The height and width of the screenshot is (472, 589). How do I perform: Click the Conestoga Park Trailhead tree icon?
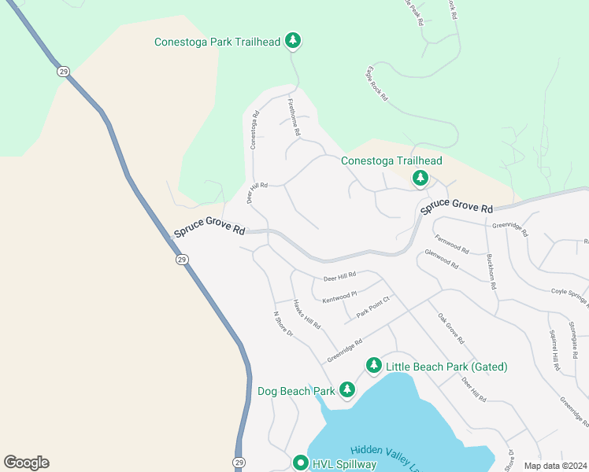click(x=293, y=40)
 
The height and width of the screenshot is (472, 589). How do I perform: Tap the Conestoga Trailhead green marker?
click(x=420, y=179)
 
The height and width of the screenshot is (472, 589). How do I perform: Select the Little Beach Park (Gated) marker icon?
click(x=374, y=366)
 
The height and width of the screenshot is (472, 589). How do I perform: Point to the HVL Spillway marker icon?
click(x=300, y=463)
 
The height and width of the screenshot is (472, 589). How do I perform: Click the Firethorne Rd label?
click(x=294, y=119)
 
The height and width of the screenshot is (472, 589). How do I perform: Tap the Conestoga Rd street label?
click(x=254, y=130)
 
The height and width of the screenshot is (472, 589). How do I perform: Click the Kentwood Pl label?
click(x=339, y=294)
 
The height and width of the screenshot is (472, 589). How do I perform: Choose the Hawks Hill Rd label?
click(x=306, y=314)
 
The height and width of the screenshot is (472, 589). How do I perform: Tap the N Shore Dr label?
click(x=283, y=324)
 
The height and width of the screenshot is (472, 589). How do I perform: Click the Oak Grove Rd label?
click(x=451, y=329)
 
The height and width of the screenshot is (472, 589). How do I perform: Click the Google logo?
click(x=26, y=463)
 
